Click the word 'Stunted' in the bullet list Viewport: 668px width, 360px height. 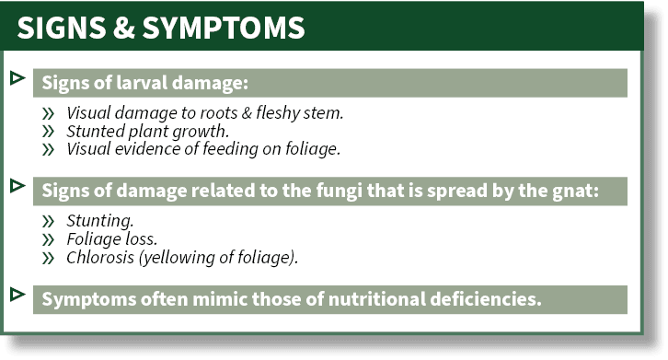click(x=96, y=132)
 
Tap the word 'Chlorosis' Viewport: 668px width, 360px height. click(x=104, y=257)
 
